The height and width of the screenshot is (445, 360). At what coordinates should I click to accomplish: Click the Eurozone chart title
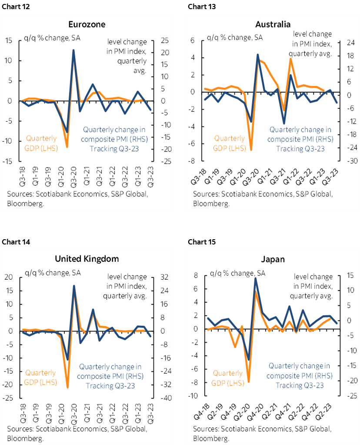pos(87,24)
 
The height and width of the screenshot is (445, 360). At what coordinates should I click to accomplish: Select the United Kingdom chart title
pos(87,259)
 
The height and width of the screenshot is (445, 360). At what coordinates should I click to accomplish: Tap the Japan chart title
pos(273,260)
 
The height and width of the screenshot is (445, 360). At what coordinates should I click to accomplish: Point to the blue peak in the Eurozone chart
pos(73,50)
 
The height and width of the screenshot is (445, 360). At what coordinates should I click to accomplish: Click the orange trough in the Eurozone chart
pos(67,147)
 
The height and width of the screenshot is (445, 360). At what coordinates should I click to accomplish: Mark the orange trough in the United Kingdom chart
pos(67,387)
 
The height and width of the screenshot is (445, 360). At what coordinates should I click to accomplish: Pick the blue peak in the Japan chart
pos(256,278)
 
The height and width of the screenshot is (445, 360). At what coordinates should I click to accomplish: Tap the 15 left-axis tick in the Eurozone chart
pos(9,40)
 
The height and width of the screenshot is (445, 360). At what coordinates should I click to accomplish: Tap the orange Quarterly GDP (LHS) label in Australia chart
pos(230,143)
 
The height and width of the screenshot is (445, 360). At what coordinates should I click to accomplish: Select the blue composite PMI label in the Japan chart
pos(298,375)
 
